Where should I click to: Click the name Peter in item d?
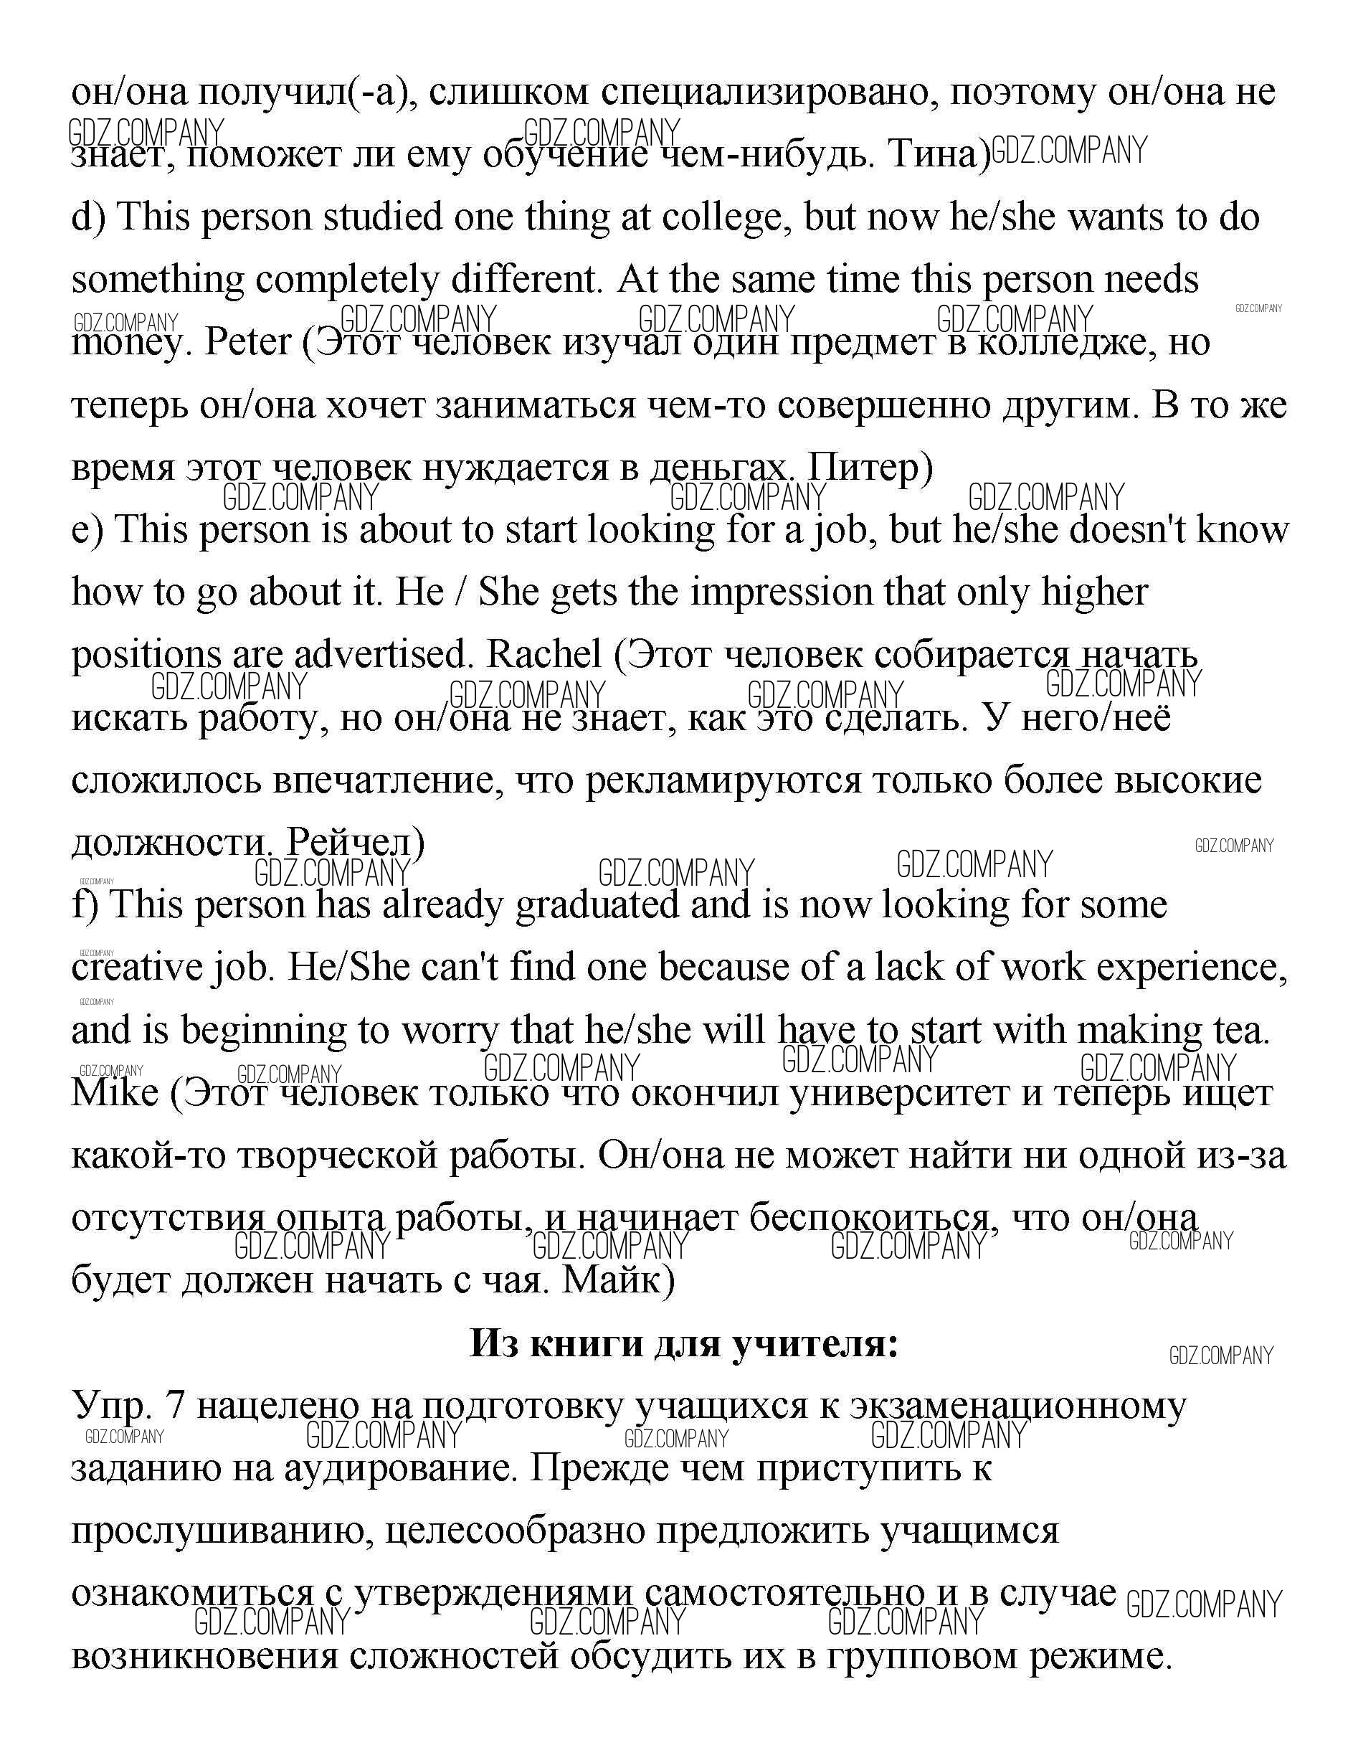click(247, 343)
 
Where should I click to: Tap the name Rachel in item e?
click(544, 655)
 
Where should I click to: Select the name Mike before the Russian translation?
click(115, 1092)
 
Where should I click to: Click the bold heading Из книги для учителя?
click(683, 1344)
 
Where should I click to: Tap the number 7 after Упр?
click(174, 1406)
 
